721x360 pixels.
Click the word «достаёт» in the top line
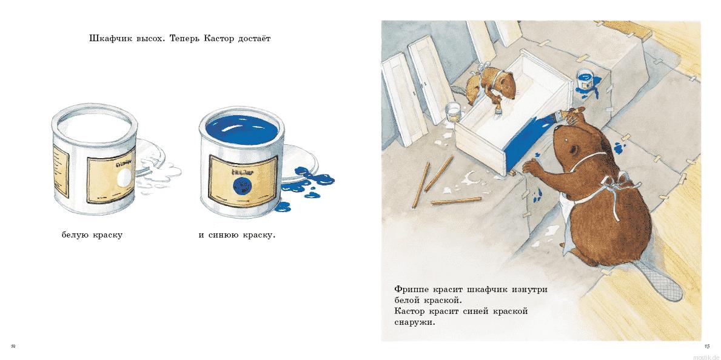pos(249,39)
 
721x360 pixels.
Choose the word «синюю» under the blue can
pos(224,235)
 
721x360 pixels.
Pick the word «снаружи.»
pos(415,322)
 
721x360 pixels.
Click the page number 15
pos(706,346)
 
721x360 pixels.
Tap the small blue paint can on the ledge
pos(585,79)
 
